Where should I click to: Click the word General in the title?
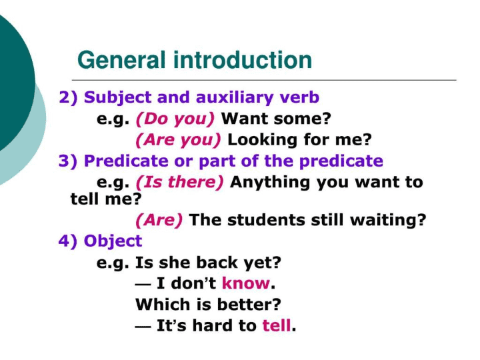point(121,60)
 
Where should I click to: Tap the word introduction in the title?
point(243,60)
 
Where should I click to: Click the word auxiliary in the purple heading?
point(234,97)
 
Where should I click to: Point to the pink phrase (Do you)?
point(175,119)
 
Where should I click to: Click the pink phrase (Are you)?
point(178,140)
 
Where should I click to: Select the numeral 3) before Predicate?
point(68,161)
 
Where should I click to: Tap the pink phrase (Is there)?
point(180,182)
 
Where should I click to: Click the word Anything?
point(271,182)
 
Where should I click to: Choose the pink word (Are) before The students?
point(159,220)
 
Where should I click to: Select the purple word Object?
point(113,241)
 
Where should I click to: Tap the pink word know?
point(246,283)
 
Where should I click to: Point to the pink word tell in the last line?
point(277,325)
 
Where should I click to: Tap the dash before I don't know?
point(143,285)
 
